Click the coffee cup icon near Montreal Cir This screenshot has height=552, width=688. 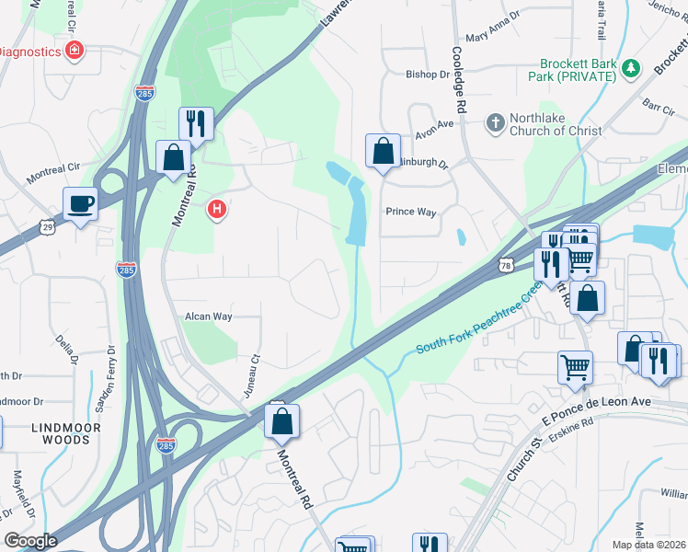[80, 203]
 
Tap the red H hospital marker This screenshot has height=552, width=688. [217, 210]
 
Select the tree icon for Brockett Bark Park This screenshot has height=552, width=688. [631, 68]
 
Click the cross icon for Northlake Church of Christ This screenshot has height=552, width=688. [495, 123]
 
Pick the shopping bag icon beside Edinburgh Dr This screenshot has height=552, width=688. [382, 151]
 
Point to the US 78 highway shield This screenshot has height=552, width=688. [507, 265]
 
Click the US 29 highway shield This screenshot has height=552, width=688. [48, 225]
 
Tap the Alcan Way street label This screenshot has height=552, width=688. [208, 316]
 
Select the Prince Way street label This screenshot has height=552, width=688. [410, 212]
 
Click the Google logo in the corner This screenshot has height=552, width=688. [30, 541]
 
